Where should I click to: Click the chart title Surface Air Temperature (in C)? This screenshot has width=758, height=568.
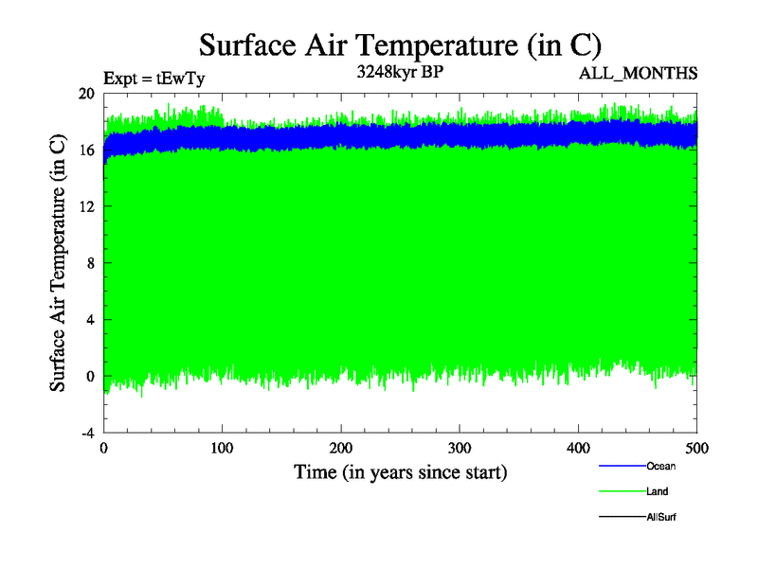400,44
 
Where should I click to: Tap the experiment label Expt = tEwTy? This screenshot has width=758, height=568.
154,79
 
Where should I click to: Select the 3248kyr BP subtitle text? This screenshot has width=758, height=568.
400,71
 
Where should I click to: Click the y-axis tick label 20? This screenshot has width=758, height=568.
86,94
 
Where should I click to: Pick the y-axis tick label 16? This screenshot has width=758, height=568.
86,150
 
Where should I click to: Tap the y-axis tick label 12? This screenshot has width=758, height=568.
86,206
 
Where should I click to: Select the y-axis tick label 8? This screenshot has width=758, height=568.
90,263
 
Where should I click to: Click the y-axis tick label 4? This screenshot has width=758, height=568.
90,319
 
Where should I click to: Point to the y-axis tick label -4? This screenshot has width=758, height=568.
87,433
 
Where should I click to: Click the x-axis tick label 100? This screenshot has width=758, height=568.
223,448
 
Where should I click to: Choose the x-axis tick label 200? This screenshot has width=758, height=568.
341,448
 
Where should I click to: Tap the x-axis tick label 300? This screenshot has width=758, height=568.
460,448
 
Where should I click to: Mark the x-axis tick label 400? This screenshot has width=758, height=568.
579,448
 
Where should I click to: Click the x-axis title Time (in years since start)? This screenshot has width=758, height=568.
400,471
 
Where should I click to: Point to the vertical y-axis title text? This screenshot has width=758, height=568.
58,263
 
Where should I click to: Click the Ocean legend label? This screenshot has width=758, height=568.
660,466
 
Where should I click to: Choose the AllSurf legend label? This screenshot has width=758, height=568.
661,517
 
